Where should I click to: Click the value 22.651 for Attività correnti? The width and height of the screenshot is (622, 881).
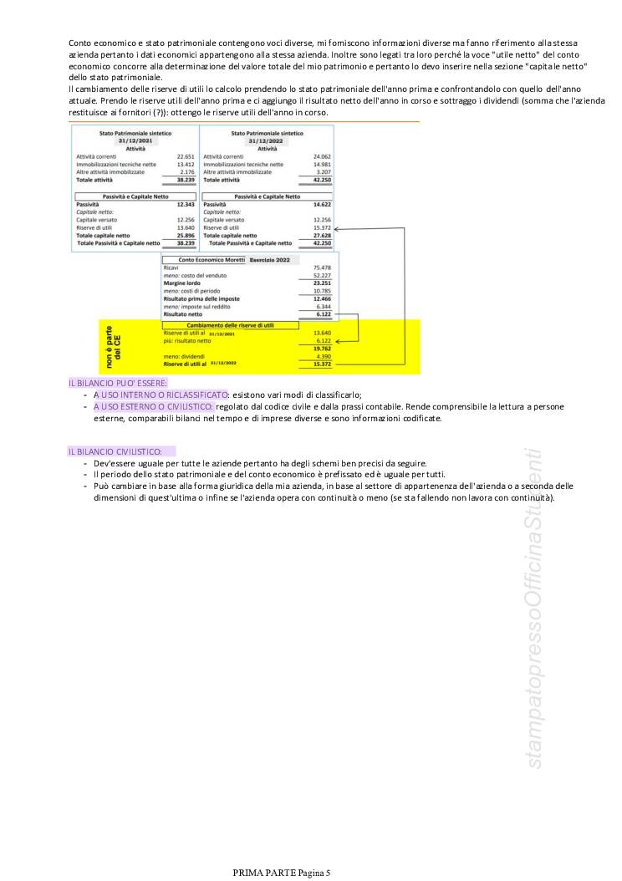186,156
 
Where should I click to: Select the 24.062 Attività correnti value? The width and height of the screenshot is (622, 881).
322,156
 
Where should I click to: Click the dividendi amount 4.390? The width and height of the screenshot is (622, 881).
322,356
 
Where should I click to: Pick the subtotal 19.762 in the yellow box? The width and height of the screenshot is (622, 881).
322,349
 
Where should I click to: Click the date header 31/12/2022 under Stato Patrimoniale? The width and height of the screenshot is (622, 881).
267,141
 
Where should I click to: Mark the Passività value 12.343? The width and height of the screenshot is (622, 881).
185,204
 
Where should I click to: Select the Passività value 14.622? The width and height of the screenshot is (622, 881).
322,204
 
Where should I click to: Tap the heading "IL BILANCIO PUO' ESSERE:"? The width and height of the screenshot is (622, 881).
107,382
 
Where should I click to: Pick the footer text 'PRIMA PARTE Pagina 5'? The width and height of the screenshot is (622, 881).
282,873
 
